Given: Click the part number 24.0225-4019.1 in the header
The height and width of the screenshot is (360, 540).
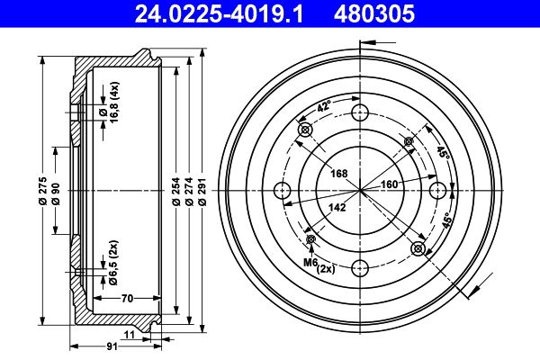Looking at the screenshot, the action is click(219, 13).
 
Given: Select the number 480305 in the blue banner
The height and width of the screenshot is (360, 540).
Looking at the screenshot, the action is click(374, 13).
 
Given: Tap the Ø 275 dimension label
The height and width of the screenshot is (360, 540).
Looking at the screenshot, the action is click(42, 191).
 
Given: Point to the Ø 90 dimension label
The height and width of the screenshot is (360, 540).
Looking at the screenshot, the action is click(56, 194).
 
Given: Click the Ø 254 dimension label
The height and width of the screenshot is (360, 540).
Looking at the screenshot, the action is click(176, 192).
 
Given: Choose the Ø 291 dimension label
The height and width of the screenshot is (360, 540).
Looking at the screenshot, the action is click(202, 192).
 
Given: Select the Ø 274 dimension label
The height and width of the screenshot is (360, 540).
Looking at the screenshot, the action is click(189, 192).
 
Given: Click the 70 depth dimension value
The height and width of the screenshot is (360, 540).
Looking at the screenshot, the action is click(127, 298).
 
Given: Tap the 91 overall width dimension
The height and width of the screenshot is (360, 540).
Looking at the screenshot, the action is click(112, 346).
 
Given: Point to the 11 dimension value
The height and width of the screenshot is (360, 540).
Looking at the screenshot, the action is click(129, 334).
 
